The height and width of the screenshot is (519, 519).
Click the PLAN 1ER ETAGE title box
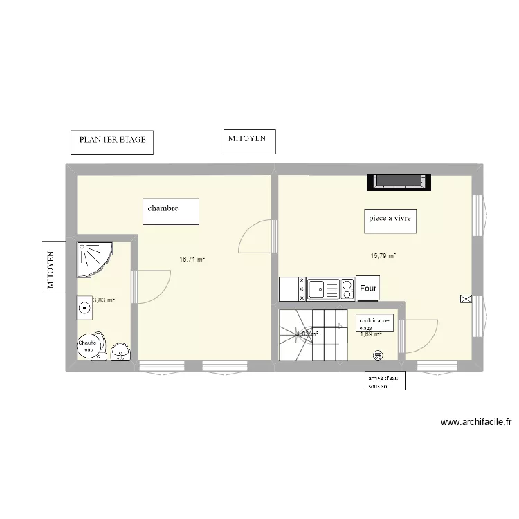(x=112, y=142)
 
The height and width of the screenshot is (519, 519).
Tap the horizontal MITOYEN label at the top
(x=249, y=141)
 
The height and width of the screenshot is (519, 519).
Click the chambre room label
(x=171, y=211)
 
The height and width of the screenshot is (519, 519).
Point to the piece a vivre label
(x=390, y=220)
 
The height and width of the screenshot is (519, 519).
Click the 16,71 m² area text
(x=192, y=259)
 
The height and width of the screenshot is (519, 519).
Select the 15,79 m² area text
(x=383, y=256)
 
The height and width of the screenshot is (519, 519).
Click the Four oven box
(x=369, y=288)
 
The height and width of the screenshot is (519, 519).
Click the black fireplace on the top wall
(x=399, y=181)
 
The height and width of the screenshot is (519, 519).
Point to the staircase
(x=312, y=335)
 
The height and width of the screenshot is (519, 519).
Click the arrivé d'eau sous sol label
(x=385, y=381)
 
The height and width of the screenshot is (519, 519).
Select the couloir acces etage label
(x=374, y=324)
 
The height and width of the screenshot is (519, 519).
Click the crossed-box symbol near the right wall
(x=465, y=299)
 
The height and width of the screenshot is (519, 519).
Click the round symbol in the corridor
(x=377, y=356)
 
